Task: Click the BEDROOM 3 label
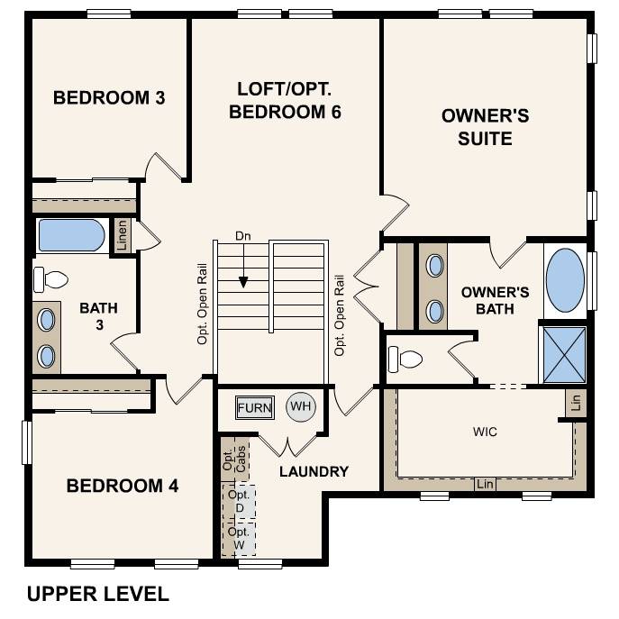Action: click(109, 97)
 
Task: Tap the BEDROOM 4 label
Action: click(123, 487)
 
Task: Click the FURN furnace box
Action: click(254, 408)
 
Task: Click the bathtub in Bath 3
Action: click(71, 235)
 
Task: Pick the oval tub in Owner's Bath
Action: click(565, 279)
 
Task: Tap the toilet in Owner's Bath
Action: click(405, 360)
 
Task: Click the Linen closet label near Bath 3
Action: click(122, 235)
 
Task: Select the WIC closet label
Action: click(485, 432)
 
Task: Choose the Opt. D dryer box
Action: click(239, 502)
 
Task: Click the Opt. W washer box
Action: click(239, 537)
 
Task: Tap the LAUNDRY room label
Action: click(314, 471)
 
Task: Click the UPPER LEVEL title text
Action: click(97, 594)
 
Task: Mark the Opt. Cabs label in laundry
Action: click(233, 459)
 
